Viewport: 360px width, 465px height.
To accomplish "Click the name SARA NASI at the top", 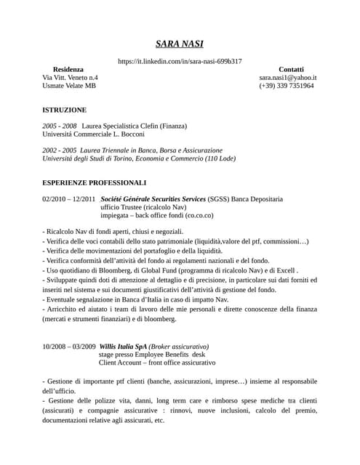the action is [180, 44].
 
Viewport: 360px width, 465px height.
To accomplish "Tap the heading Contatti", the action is [292, 68].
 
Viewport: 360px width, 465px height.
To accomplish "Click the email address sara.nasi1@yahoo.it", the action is [287, 77].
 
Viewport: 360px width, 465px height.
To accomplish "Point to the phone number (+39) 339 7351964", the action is [287, 86].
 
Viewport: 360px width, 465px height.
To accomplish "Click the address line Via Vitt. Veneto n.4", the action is [71, 77].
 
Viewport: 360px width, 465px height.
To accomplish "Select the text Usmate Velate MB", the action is [69, 86].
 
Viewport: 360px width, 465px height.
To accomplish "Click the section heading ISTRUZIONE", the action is [65, 110].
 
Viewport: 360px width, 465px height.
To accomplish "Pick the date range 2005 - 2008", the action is [60, 126].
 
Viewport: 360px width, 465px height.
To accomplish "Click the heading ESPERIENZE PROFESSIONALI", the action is [95, 182].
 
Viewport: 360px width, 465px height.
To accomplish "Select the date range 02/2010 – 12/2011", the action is [69, 198].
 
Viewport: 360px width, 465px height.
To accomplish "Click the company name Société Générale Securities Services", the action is [153, 198].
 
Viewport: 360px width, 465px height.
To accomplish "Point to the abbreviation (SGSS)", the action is [218, 198].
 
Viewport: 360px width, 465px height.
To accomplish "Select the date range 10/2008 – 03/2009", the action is [69, 347].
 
